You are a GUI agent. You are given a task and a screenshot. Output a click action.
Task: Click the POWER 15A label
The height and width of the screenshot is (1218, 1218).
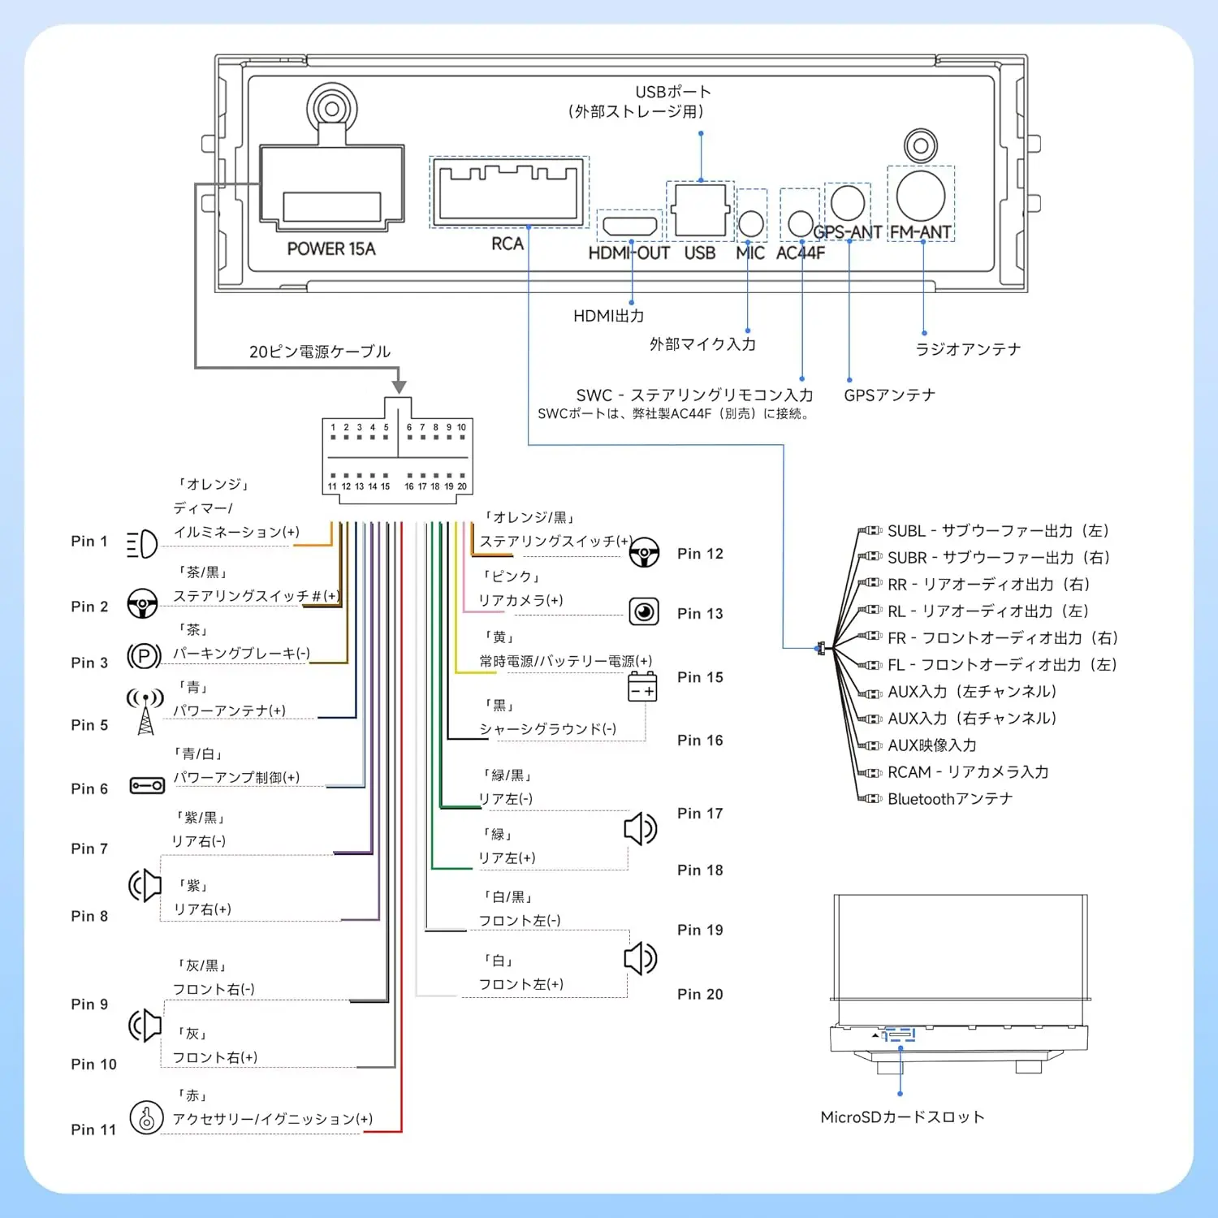[331, 249]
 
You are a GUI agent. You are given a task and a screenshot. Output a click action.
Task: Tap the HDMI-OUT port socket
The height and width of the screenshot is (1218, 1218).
[629, 226]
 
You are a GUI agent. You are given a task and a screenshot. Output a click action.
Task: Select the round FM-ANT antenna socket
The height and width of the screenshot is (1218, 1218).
[921, 196]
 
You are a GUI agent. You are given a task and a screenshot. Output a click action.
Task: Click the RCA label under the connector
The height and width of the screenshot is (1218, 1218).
[508, 244]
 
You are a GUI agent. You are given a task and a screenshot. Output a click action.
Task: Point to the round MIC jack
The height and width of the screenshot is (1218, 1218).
[751, 223]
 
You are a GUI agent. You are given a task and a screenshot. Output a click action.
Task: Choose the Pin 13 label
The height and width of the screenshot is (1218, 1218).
[700, 614]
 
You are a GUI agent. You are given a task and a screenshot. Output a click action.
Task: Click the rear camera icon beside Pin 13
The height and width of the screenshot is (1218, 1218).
[644, 611]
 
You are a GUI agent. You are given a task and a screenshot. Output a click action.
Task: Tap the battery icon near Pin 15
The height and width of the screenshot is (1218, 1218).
[642, 687]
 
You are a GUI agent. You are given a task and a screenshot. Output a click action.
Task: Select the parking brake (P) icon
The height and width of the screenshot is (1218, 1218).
[145, 655]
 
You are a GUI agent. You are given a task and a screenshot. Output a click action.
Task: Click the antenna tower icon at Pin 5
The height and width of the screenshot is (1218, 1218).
[145, 712]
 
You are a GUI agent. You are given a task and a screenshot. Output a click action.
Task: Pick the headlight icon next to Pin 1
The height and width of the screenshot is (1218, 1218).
[142, 544]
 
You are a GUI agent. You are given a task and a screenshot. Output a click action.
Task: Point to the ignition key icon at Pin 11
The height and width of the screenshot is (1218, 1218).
[147, 1118]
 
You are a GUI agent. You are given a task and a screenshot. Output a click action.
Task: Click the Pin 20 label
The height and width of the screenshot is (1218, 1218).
[700, 995]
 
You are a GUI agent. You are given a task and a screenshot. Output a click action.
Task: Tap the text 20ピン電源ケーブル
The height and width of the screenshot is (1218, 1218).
[320, 352]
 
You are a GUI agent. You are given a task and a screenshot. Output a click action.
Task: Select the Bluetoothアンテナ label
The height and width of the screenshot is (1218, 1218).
[950, 799]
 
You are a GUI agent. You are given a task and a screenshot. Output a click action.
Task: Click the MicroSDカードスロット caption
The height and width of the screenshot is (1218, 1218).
[902, 1117]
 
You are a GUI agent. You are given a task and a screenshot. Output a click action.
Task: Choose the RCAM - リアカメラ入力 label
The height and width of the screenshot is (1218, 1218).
[968, 772]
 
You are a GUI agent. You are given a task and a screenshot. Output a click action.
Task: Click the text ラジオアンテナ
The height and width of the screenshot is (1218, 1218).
[968, 349]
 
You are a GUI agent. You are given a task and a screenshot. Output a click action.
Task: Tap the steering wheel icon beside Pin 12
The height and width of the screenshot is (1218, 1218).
[644, 553]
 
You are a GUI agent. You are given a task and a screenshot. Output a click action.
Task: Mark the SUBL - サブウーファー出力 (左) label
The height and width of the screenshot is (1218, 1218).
[999, 531]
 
